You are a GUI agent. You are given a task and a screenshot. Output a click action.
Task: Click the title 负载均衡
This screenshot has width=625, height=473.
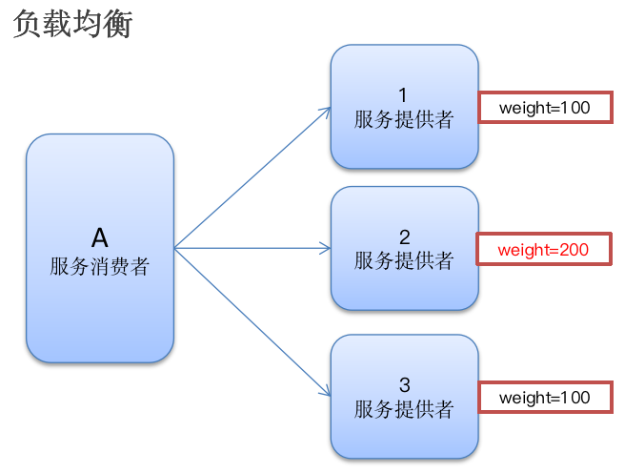72,24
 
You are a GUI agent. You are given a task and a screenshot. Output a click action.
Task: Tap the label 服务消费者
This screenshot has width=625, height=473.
100,266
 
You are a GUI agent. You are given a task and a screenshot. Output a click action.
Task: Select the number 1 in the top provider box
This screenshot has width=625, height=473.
403,95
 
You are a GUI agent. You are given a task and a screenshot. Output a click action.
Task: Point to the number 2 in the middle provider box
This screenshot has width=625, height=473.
404,236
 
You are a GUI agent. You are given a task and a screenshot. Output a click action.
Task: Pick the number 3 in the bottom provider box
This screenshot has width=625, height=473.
404,385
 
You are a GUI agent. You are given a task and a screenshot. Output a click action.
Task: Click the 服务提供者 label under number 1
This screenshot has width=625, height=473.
404,120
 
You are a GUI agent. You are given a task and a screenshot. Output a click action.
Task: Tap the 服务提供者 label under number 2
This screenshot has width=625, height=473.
404,260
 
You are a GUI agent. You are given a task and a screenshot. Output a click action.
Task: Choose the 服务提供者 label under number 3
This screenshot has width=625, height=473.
404,409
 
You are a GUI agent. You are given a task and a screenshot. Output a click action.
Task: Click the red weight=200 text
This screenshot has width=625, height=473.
544,250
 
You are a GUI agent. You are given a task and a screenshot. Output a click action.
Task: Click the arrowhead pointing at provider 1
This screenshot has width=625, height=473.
325,112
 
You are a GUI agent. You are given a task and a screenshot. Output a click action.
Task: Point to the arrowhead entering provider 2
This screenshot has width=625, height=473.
325,249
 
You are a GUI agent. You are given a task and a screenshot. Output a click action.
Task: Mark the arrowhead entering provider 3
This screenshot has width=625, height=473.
325,391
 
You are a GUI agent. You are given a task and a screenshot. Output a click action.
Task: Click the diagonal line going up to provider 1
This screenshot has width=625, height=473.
250,180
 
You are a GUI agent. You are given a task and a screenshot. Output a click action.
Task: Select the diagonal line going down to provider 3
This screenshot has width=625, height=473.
250,319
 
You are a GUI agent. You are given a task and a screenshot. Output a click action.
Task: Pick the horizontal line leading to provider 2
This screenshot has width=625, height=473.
250,249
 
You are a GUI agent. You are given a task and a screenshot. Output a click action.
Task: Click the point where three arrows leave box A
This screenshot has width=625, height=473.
176,249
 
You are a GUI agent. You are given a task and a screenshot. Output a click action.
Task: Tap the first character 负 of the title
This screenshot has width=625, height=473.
28,24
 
